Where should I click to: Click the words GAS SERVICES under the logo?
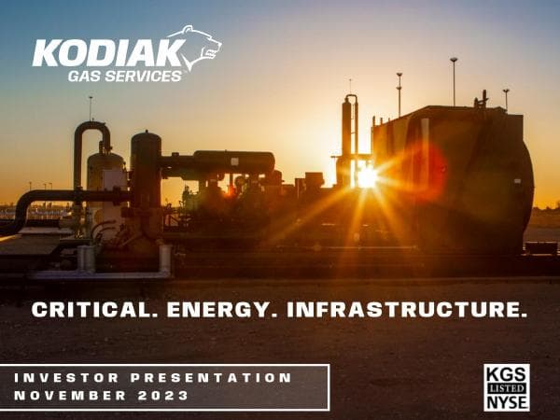pyautogui.click(x=125, y=77)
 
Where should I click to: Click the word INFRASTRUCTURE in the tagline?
pyautogui.click(x=407, y=310)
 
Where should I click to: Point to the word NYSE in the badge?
pyautogui.click(x=507, y=401)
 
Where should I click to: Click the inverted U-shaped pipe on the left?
pyautogui.click(x=91, y=140)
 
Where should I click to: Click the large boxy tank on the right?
pyautogui.click(x=453, y=177)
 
